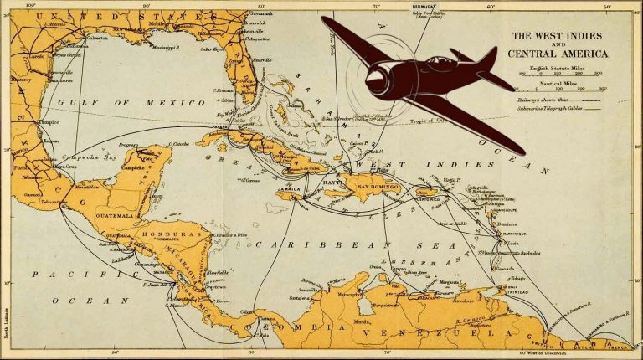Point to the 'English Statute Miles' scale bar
pos(560,74)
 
